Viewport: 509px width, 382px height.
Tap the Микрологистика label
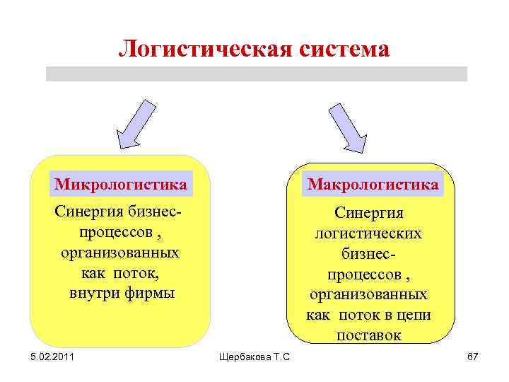[x=121, y=185]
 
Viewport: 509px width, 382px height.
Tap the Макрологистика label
[x=373, y=185]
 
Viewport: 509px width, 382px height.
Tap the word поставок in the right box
[x=368, y=335]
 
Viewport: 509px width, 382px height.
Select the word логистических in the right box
[x=368, y=233]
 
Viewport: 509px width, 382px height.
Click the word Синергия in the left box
[x=90, y=212]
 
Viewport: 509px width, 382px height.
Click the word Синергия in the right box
[x=368, y=213]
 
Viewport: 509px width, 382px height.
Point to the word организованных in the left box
[x=120, y=253]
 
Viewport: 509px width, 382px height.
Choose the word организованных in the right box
[x=368, y=294]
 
